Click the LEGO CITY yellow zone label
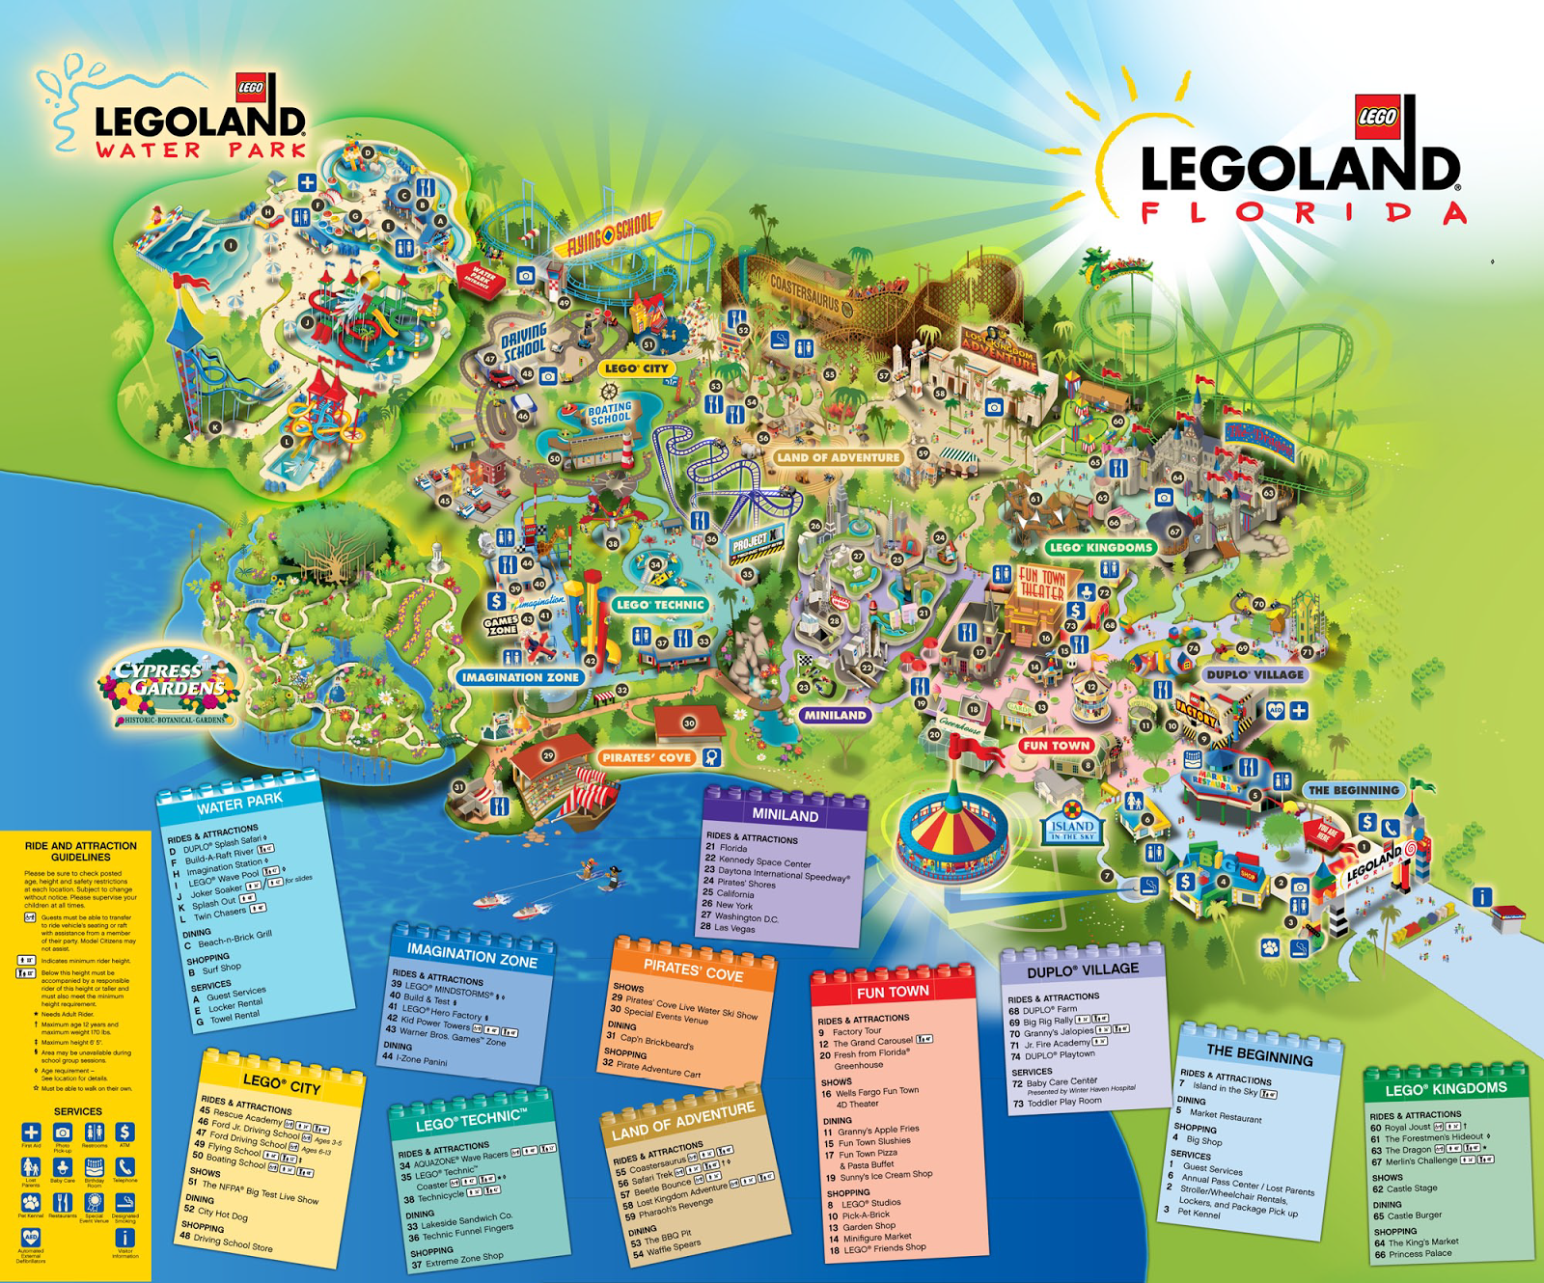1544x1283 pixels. tap(636, 369)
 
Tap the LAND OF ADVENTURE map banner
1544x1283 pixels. tap(838, 457)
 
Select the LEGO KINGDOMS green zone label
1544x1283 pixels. tap(1100, 547)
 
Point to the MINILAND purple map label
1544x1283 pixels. tap(836, 715)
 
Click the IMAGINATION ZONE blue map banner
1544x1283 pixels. tap(520, 677)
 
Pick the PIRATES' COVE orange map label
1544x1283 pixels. tap(648, 758)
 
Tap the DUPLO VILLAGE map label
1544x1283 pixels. tap(1255, 674)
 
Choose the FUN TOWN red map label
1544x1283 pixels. tap(1056, 746)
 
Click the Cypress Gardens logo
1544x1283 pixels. tap(170, 687)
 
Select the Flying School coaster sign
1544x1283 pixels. tap(608, 234)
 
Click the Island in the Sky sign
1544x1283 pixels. tap(1072, 828)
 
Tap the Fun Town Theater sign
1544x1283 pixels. tap(1042, 583)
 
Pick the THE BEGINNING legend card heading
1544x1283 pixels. tap(1259, 1054)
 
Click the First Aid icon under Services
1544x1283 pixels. tap(31, 1133)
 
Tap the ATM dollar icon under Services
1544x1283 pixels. tap(124, 1133)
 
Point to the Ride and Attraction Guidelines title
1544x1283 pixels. tap(80, 851)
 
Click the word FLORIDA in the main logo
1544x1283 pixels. tap(1303, 213)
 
